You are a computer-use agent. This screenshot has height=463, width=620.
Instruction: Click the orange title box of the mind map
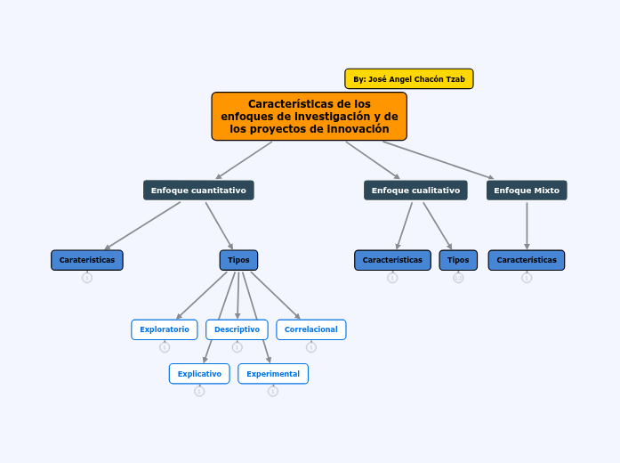pos(309,117)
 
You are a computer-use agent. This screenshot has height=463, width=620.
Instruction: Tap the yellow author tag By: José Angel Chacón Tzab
pos(409,79)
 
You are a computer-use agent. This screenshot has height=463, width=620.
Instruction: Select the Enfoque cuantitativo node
pos(198,190)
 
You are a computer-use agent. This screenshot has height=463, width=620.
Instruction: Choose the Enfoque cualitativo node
pos(415,190)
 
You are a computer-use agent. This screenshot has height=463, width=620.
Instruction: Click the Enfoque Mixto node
pos(527,190)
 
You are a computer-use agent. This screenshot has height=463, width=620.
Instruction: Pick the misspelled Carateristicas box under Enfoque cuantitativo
pos(87,260)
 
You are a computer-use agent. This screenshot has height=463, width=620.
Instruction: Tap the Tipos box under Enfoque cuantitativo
pos(238,260)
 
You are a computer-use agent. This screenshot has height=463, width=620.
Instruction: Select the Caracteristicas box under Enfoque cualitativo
pos(392,260)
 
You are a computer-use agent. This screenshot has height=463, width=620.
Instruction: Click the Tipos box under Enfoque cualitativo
pos(458,260)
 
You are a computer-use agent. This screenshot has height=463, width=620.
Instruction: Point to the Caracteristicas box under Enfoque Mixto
pos(527,260)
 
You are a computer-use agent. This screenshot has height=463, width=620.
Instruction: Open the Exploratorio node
pos(165,329)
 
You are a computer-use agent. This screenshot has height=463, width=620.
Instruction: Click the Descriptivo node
pos(237,329)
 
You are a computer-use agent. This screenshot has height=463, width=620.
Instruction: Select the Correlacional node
pos(310,329)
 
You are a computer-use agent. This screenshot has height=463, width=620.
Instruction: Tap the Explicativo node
pos(199,374)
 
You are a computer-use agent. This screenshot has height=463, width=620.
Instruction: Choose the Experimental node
pos(273,374)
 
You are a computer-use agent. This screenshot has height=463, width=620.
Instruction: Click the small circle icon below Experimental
pos(273,391)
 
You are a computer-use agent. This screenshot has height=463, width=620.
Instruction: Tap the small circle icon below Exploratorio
pos(165,347)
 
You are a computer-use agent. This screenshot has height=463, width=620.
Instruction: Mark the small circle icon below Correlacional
pos(310,347)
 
